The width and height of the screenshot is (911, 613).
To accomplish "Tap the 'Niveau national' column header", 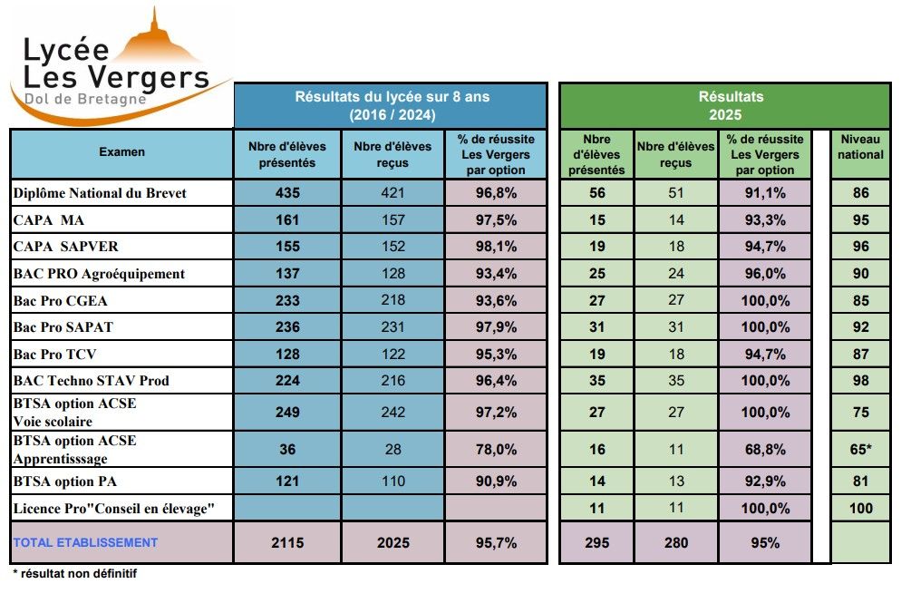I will pos(860,147).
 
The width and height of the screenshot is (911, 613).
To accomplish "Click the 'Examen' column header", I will pos(121,152).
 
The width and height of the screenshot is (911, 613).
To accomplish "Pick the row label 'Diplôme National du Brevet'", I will pos(100,192).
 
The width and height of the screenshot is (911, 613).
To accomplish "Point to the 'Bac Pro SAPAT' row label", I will pos(63,326).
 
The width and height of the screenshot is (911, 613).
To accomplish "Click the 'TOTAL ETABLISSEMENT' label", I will pos(85,542).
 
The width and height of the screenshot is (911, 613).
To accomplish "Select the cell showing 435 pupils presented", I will pos(286,192).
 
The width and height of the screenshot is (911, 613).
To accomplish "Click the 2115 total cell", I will pos(286,542).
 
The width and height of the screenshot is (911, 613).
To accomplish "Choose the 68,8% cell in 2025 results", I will pos(765,449).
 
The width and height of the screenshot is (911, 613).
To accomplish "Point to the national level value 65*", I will pos(860,449).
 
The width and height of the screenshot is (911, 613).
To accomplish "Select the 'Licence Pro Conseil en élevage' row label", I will pos(113,508).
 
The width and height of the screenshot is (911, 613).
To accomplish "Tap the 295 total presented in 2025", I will pos(596,542).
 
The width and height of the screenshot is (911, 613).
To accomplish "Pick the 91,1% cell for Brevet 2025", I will pos(765,192).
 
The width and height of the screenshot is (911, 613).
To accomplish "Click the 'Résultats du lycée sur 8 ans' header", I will pos(392,105).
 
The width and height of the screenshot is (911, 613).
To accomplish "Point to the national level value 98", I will pos(860,380).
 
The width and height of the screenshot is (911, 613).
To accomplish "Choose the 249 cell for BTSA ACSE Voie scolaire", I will pos(286,412).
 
